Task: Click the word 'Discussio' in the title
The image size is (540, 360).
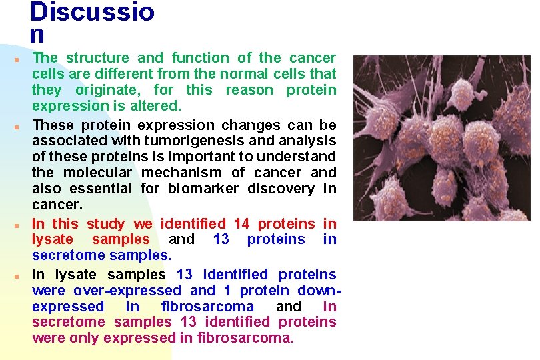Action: click(x=92, y=12)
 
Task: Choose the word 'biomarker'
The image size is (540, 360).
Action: click(x=203, y=189)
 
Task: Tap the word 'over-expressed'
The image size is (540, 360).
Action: click(x=127, y=291)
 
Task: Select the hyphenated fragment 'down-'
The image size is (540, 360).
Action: click(x=315, y=291)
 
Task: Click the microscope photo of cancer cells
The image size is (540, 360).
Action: click(x=442, y=139)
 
